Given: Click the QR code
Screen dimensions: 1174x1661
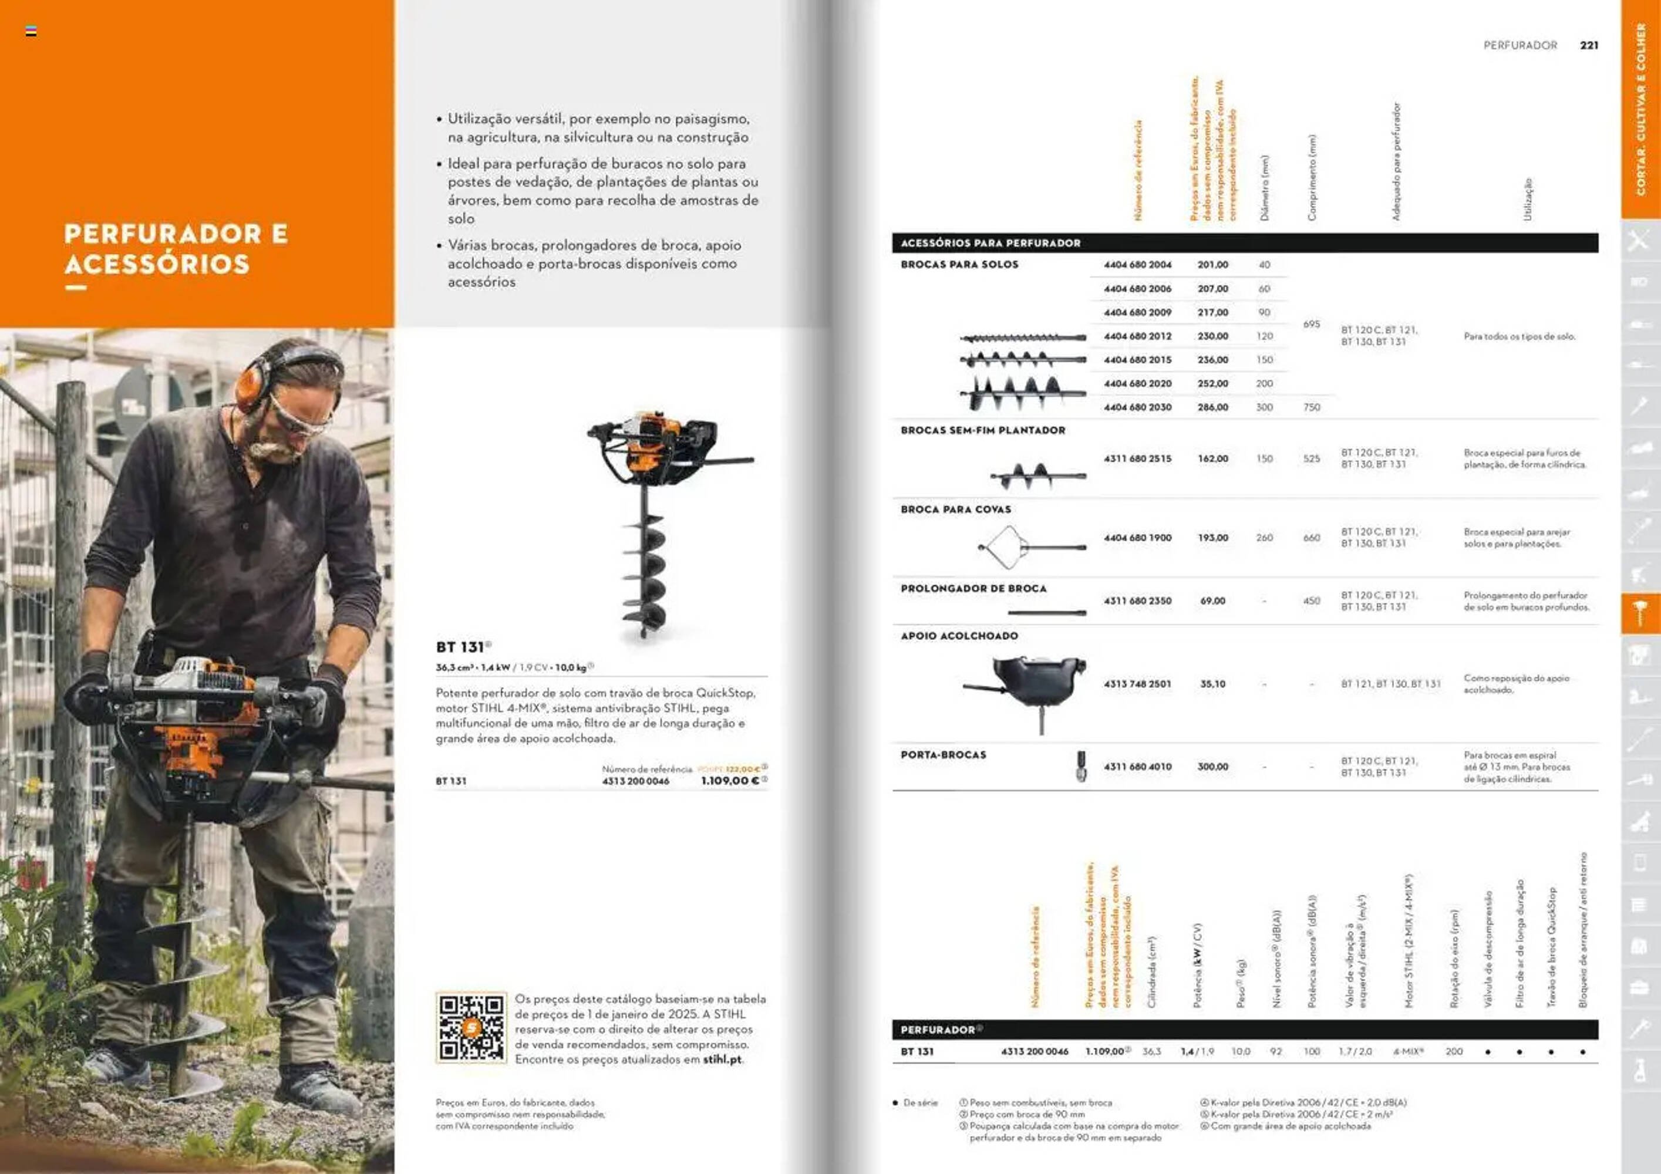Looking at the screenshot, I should (x=471, y=1027).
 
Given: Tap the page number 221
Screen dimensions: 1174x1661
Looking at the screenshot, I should (x=1589, y=45).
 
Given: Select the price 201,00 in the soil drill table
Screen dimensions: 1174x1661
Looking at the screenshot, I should (x=1212, y=265).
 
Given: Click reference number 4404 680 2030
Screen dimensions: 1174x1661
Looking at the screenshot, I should (x=1137, y=407).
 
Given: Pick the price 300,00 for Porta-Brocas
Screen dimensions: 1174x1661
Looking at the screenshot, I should (x=1212, y=767).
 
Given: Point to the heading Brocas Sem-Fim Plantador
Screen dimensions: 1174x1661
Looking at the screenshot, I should (x=982, y=430).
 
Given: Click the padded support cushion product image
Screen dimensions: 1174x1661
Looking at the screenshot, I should (x=1031, y=684).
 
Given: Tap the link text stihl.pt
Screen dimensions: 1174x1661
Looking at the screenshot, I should (x=722, y=1060).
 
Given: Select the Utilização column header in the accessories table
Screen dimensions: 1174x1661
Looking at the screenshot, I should (x=1527, y=200).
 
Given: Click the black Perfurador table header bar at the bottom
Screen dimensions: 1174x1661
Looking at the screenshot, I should (x=1244, y=1030).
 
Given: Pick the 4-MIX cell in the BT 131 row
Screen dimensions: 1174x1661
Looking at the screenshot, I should (x=1408, y=1052).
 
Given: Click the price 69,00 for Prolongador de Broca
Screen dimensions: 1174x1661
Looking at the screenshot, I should (x=1212, y=601).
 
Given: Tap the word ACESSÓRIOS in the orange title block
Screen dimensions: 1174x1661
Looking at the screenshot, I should (x=157, y=265).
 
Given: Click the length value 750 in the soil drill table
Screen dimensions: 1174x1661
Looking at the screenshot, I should (x=1312, y=407).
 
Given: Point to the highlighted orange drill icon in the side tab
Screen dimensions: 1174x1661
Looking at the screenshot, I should (x=1639, y=614).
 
